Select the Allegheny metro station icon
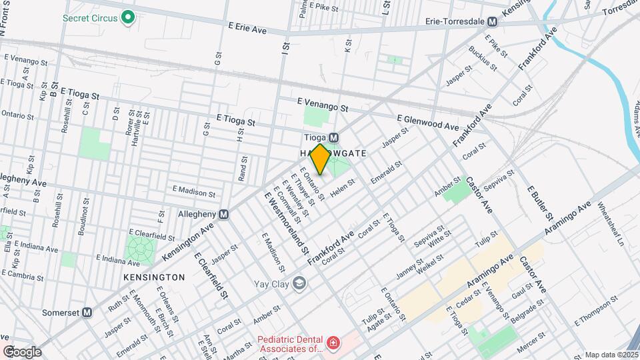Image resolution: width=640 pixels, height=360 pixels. pos(224,215)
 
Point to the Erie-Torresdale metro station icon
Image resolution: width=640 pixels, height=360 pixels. pos(492,21)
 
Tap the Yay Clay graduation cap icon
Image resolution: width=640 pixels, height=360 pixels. pos(299,284)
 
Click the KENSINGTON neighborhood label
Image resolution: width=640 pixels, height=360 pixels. pos(154,277)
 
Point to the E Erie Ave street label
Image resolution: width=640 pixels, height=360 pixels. pos(247,29)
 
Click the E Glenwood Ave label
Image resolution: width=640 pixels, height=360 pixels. pos(427,122)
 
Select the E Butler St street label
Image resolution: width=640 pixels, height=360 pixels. pos(541,203)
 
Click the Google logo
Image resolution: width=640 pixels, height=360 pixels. pos(22,351)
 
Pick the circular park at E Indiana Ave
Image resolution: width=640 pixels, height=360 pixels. pos(141,249)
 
